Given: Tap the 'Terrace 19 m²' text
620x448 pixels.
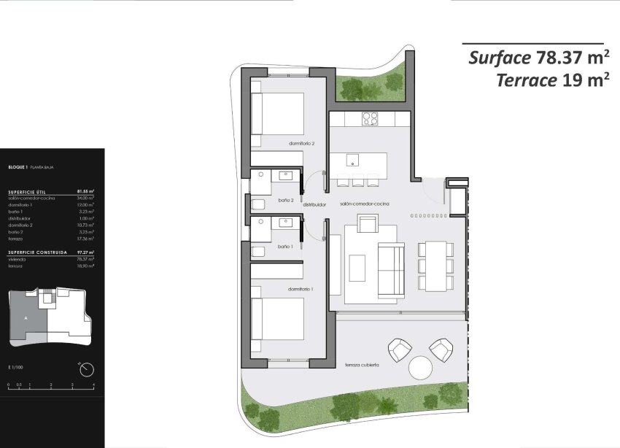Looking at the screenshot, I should tap(552, 81).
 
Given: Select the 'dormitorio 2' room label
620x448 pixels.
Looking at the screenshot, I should tap(301, 144).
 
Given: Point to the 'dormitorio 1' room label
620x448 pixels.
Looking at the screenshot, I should tap(301, 290).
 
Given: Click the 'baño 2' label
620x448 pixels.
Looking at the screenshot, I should tap(286, 200).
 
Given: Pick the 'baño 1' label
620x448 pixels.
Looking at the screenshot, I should tap(286, 247).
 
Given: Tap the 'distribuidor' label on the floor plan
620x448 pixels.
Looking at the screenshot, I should tap(314, 205).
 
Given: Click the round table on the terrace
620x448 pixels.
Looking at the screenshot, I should tap(421, 367).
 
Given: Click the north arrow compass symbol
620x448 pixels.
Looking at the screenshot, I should tap(85, 370).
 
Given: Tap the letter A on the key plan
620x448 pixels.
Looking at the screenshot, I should tap(26, 319).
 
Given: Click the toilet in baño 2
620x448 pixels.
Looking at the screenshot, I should tap(260, 205).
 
